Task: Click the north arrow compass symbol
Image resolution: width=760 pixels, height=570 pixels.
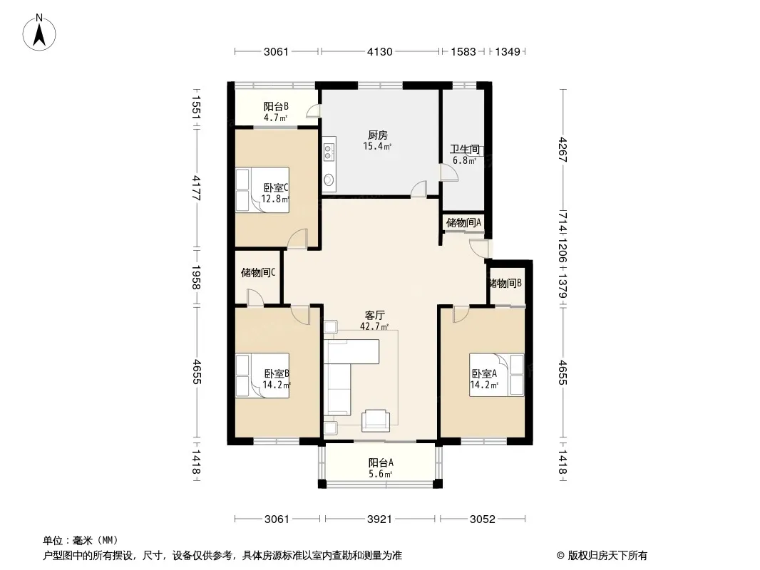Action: click(x=39, y=33)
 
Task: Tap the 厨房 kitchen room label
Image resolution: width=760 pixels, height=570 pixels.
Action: click(x=378, y=135)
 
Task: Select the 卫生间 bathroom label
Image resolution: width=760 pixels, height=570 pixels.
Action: click(x=465, y=149)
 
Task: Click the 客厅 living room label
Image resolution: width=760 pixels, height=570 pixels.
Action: click(x=375, y=315)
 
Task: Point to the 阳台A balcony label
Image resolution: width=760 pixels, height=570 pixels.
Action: click(x=381, y=463)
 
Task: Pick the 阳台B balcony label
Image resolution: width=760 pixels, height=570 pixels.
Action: click(x=276, y=107)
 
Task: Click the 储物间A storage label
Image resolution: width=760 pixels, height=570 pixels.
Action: click(x=463, y=223)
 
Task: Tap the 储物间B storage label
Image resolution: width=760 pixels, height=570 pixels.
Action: click(x=505, y=284)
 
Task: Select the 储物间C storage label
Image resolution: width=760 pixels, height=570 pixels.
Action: click(x=258, y=273)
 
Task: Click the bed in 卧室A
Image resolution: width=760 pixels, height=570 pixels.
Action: click(x=496, y=375)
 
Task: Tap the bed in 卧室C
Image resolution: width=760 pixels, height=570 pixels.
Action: click(x=262, y=190)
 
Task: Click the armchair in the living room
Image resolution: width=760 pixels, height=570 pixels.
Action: click(x=375, y=420)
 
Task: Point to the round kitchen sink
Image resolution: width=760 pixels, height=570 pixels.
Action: click(x=329, y=180)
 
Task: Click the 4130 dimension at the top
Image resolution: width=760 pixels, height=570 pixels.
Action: click(x=379, y=51)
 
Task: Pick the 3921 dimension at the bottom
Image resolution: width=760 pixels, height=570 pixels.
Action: click(x=379, y=519)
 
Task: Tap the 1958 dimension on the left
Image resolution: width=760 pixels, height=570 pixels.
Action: click(x=196, y=277)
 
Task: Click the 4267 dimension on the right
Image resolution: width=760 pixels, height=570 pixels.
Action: click(x=563, y=150)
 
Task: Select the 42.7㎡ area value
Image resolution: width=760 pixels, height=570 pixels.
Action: click(x=374, y=327)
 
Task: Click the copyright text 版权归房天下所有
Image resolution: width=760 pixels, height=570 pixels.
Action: click(x=607, y=556)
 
